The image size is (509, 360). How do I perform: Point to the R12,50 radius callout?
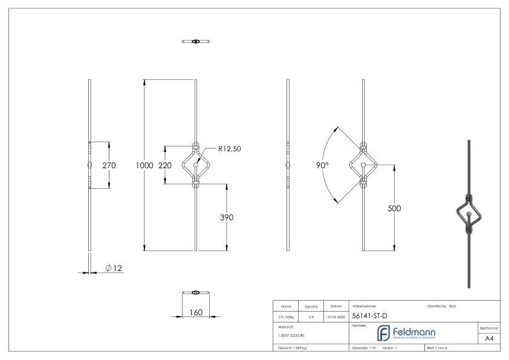229,148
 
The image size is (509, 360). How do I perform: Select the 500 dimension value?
394,208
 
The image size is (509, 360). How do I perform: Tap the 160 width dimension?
195,312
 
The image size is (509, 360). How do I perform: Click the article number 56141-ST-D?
369,315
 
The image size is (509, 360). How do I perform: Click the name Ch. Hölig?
287,316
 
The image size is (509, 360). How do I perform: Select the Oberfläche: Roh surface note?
441,306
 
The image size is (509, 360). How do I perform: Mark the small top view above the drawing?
195,41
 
